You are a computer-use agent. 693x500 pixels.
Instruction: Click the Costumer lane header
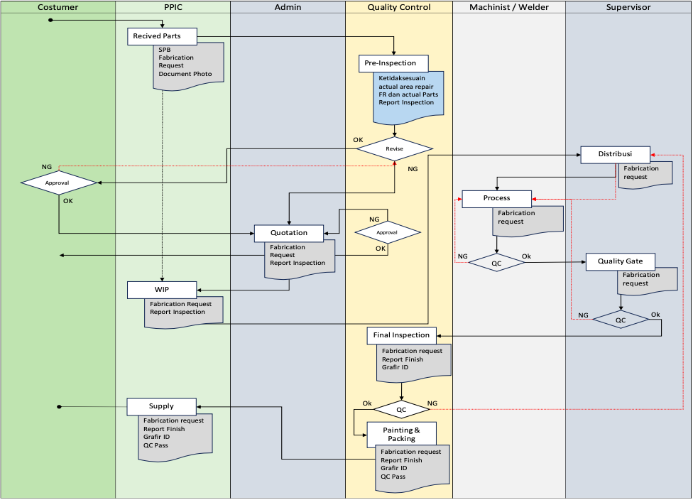(58, 7)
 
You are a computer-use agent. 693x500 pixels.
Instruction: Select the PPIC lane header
(173, 7)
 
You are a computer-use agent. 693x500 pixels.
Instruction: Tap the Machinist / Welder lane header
(508, 7)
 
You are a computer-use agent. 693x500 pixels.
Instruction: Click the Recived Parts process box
(163, 36)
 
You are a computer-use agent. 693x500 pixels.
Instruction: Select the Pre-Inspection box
(393, 63)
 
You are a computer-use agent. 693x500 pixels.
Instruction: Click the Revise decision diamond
(394, 149)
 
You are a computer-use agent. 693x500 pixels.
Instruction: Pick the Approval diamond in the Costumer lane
(58, 183)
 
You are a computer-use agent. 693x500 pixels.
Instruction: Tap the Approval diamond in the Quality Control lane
(387, 232)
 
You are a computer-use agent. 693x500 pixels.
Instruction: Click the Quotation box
(289, 233)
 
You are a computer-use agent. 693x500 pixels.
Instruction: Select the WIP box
(162, 290)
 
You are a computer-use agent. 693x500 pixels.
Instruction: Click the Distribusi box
(615, 154)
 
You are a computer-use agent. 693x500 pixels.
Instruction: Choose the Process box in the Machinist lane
(496, 198)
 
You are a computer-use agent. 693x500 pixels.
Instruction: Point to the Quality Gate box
(620, 261)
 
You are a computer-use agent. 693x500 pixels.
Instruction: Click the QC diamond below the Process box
(496, 262)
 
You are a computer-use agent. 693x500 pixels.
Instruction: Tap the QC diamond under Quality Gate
(621, 320)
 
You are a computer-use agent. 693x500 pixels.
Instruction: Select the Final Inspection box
(402, 335)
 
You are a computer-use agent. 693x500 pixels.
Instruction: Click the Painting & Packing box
(401, 434)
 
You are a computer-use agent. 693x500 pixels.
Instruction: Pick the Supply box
(161, 406)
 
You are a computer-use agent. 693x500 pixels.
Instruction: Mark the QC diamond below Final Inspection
(401, 410)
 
